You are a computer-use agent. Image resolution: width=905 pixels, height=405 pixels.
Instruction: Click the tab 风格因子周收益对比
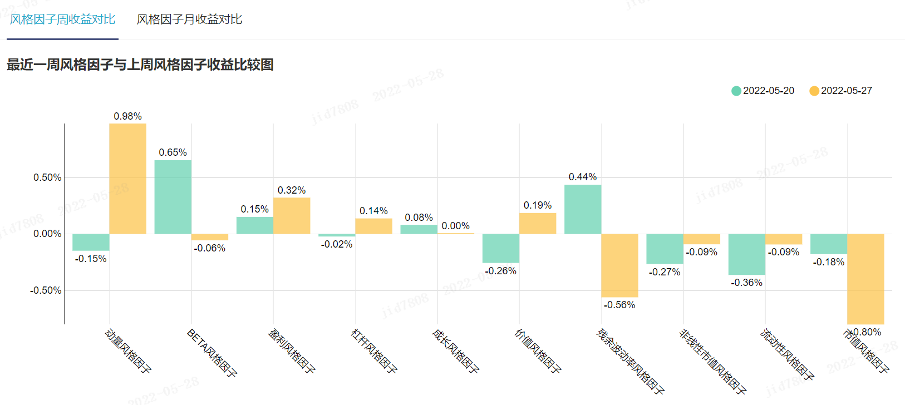click(62, 19)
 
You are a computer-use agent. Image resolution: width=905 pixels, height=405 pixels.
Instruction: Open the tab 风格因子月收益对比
click(189, 19)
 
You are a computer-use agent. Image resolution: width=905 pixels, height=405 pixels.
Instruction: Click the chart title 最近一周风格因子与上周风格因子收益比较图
click(140, 65)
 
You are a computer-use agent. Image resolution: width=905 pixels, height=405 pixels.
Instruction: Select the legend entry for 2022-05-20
click(763, 91)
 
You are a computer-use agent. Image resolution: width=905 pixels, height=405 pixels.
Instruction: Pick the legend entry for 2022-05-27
click(840, 91)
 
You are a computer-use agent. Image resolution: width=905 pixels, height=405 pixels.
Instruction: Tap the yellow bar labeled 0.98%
click(127, 178)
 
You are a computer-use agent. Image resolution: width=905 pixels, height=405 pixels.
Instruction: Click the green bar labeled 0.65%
click(173, 197)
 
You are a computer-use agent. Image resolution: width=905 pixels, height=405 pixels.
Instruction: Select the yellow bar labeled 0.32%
click(292, 216)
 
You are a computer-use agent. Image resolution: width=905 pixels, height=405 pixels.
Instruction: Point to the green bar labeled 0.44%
click(583, 209)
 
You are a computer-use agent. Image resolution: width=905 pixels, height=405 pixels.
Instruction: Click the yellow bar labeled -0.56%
click(619, 265)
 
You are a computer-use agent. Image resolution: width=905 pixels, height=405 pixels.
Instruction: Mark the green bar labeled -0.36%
click(746, 254)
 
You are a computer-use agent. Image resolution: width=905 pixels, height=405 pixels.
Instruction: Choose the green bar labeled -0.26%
click(500, 248)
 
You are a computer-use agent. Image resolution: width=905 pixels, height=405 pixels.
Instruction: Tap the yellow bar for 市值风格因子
click(865, 278)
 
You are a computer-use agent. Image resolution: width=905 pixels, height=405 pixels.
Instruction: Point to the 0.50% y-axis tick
click(47, 177)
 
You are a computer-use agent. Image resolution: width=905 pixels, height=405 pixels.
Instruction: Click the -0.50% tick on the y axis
click(46, 290)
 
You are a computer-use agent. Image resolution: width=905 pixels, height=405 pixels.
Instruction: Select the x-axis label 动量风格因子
click(128, 350)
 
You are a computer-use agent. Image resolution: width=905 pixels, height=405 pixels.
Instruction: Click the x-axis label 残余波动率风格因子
click(630, 361)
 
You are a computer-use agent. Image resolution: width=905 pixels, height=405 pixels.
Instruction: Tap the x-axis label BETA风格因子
click(212, 353)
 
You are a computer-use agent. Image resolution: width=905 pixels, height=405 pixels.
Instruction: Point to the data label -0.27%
click(665, 272)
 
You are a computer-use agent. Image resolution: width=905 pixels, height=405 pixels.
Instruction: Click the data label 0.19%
click(538, 205)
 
